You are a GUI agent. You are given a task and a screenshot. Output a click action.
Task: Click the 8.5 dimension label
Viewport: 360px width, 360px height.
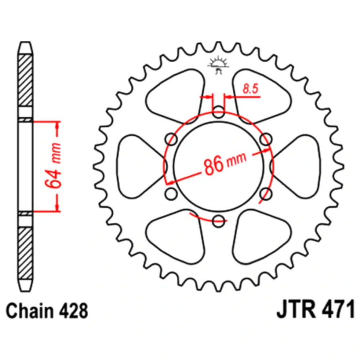(251, 89)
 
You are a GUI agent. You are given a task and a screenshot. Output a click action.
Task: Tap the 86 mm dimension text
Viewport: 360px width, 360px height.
(225, 163)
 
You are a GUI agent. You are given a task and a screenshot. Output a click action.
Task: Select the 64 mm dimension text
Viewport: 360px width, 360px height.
(53, 165)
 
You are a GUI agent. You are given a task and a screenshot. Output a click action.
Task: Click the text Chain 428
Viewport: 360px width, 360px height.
(47, 311)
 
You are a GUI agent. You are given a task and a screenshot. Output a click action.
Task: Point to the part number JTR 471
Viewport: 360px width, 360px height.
(316, 310)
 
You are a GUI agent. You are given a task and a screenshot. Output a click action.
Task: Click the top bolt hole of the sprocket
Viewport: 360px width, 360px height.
(219, 112)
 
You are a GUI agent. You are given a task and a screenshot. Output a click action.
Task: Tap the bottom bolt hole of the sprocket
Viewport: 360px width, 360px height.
(219, 221)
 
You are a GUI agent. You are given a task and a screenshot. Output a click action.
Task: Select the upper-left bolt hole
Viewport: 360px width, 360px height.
(171, 139)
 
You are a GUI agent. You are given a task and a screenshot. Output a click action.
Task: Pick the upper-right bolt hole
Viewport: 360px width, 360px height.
(266, 139)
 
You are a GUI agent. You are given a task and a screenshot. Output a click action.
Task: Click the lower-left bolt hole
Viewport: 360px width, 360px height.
(171, 194)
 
